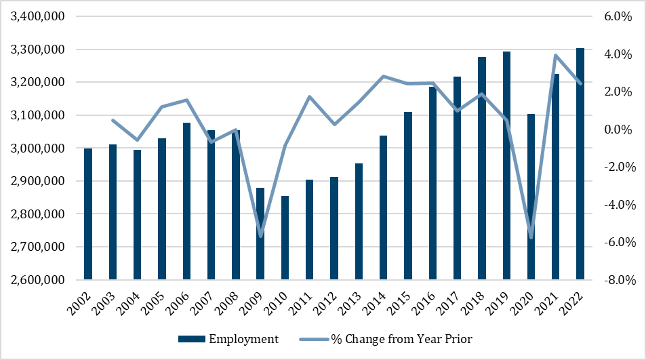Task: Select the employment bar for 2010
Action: [285, 238]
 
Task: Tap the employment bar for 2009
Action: [260, 234]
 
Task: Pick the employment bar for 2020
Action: [531, 197]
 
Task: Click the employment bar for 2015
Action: [408, 196]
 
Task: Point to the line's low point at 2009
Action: [260, 236]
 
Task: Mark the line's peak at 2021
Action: [556, 56]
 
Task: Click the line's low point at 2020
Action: [531, 237]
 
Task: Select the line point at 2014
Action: [384, 77]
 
